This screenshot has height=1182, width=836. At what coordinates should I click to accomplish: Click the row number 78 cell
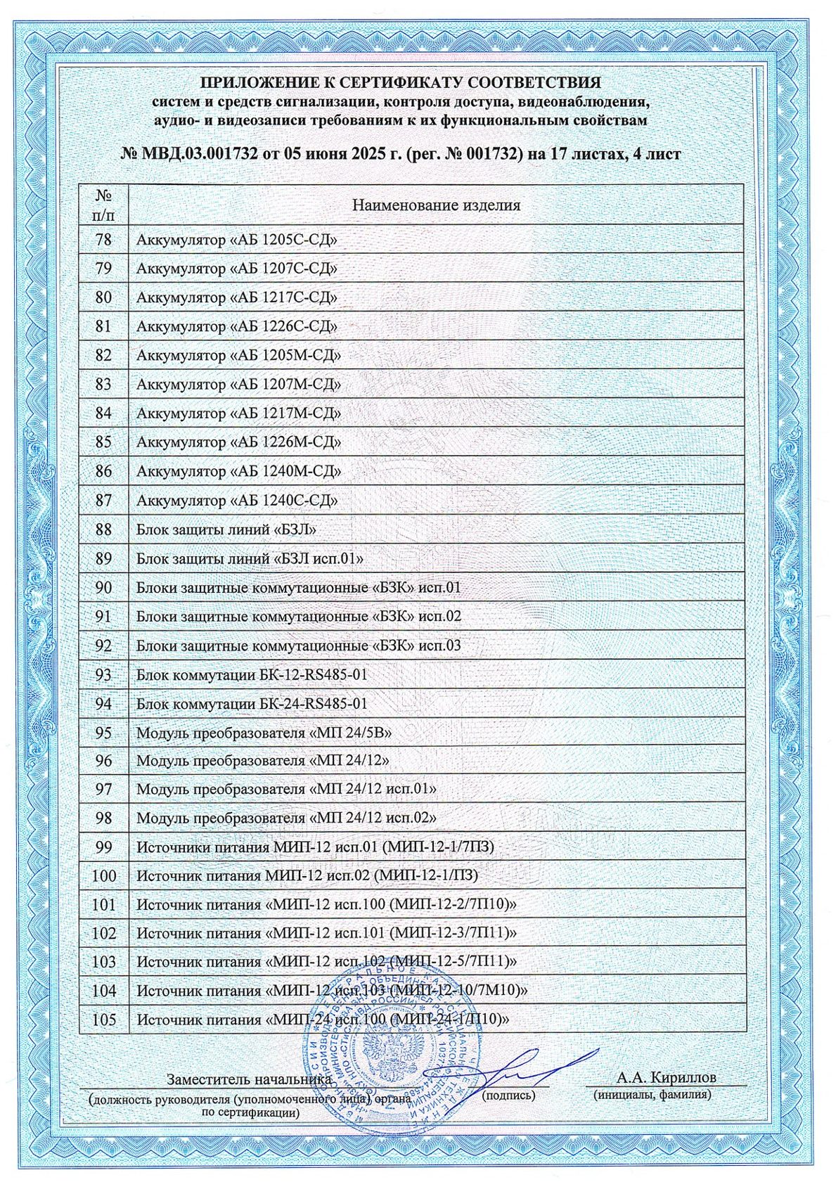point(103,240)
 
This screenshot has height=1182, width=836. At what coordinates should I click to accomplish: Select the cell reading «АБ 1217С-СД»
point(236,297)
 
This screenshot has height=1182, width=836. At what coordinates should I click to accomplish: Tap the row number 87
point(103,501)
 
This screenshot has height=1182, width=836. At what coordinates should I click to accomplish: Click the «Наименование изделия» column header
point(436,205)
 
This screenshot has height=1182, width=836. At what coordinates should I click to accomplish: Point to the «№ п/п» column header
point(103,204)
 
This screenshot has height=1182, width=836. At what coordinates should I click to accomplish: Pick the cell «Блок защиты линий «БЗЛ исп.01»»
point(249,559)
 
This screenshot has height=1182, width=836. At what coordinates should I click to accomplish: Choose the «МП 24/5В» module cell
point(264,733)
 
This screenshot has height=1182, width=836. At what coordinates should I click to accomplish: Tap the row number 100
point(103,876)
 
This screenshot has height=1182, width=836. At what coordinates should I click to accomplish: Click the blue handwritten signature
point(520,1068)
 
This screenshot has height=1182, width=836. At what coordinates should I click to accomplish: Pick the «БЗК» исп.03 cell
point(298,645)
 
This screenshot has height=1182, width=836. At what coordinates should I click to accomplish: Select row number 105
point(103,1020)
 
